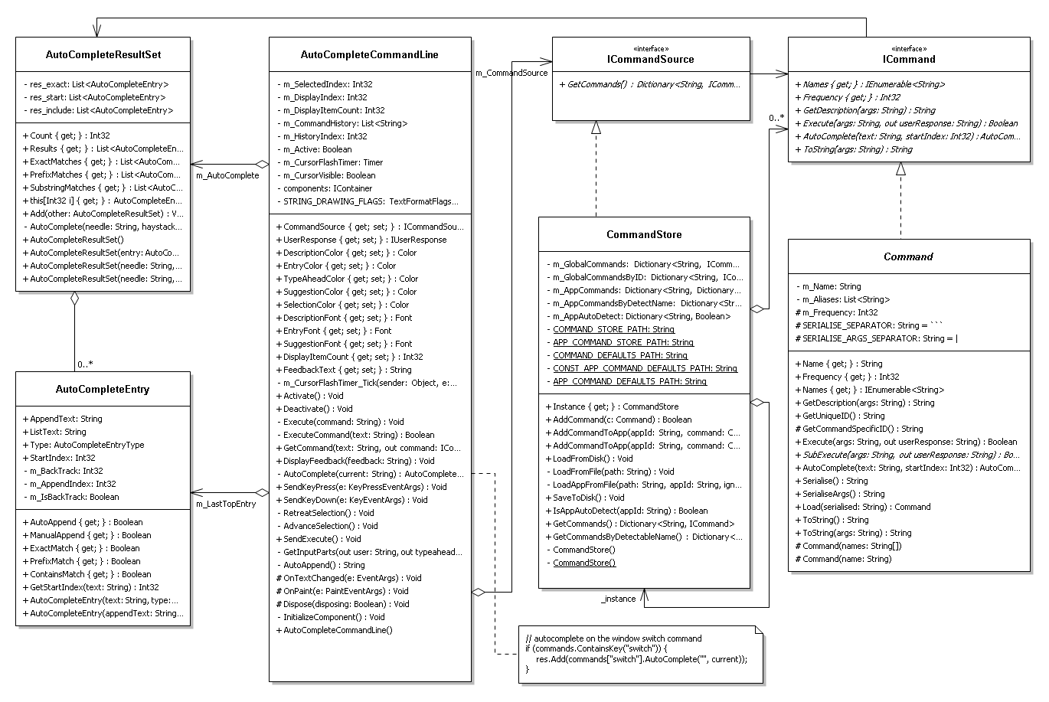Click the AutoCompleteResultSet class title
tap(103, 55)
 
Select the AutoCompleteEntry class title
tap(103, 389)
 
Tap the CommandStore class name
tap(644, 234)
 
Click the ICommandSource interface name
tap(651, 60)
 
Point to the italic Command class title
tap(908, 256)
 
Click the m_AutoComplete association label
tap(227, 175)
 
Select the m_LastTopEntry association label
tap(226, 504)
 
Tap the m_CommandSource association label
tap(511, 73)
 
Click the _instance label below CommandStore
tap(618, 599)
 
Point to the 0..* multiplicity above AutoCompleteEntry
tap(85, 364)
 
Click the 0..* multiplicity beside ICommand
tap(776, 118)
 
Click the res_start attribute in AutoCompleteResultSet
tap(95, 97)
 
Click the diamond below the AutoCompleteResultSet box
tap(74, 299)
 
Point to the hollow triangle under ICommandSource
tap(596, 127)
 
